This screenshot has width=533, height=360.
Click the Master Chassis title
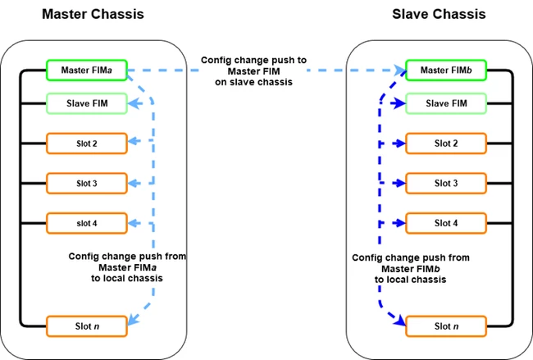tap(93, 14)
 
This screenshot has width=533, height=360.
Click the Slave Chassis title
tap(439, 14)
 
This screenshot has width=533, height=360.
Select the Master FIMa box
tap(87, 71)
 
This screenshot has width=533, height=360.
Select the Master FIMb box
tap(446, 71)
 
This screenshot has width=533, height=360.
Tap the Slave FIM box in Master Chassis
tap(87, 103)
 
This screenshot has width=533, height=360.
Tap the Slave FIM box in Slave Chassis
tap(446, 103)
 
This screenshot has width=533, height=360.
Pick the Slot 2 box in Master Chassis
tap(87, 144)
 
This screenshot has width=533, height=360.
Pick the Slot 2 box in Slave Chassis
tap(446, 144)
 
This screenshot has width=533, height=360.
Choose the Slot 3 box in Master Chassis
tap(87, 183)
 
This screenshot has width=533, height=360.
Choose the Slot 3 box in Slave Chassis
tap(446, 183)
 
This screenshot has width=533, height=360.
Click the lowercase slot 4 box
tap(87, 223)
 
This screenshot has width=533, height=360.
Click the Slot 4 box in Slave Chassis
tap(446, 223)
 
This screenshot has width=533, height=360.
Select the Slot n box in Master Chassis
tap(87, 326)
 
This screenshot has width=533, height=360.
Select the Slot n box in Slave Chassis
tap(446, 326)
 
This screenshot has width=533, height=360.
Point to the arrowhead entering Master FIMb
tap(400, 71)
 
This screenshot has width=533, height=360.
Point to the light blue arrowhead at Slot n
tap(133, 320)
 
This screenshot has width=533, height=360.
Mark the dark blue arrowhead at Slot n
tap(400, 321)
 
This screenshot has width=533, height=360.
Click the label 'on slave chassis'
tap(253, 82)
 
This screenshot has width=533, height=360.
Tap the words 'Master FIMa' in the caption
tap(127, 267)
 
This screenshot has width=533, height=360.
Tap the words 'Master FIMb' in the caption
tap(411, 269)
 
